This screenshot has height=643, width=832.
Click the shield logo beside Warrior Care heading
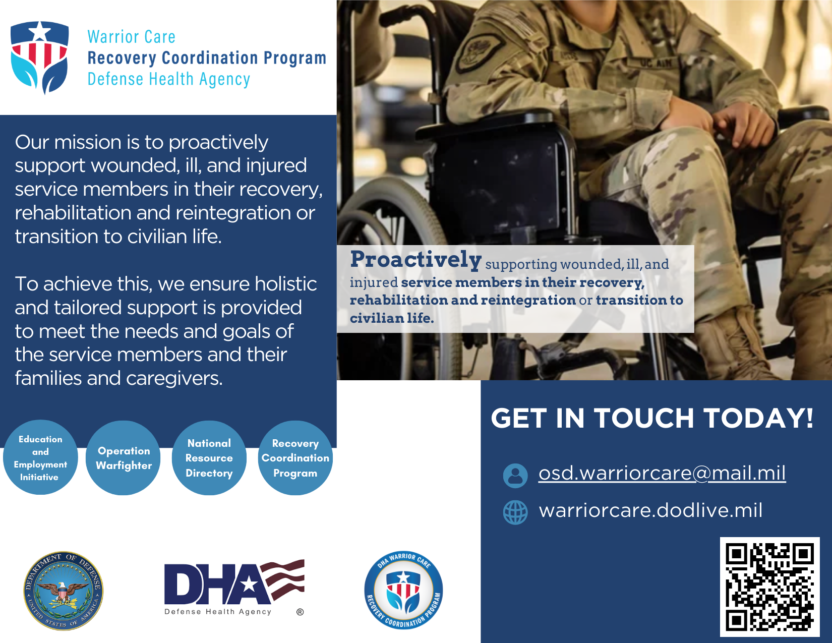39,57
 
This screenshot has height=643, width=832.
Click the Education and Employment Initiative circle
40,457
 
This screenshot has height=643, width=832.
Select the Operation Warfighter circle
124,457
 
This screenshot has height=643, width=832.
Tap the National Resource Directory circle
209,457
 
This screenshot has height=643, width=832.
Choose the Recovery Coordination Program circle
295,457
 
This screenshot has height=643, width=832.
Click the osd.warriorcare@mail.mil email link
662,473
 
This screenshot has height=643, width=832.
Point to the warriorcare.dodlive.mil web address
650,510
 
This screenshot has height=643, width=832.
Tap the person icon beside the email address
515,476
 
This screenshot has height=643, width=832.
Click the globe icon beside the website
515,512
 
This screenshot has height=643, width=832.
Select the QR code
769,587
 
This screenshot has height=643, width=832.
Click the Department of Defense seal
63,591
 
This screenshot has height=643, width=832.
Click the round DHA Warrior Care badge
403,591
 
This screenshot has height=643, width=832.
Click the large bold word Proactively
416,260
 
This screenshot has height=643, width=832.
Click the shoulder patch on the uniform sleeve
479,50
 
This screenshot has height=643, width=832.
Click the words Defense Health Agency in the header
169,79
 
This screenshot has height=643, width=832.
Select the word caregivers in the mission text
174,378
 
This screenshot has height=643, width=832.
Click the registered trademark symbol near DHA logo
300,612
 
